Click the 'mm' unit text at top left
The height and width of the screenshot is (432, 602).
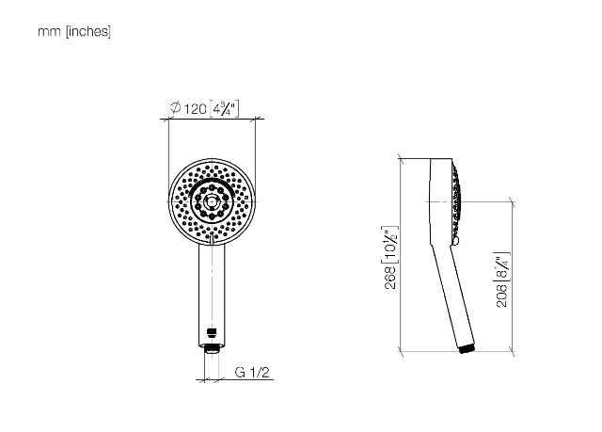(x=49, y=32)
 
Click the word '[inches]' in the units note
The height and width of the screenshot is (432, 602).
(x=88, y=31)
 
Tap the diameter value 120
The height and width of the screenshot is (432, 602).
(x=195, y=109)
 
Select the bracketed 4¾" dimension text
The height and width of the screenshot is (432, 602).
(x=224, y=108)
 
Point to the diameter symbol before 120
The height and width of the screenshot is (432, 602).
(x=176, y=107)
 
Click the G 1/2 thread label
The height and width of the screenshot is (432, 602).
(x=252, y=372)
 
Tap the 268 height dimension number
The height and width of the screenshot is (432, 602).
(x=390, y=277)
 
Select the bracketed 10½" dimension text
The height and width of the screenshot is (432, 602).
(x=390, y=245)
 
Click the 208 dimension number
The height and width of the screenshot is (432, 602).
(x=501, y=296)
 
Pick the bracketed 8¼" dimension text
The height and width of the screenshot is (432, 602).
(x=501, y=267)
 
